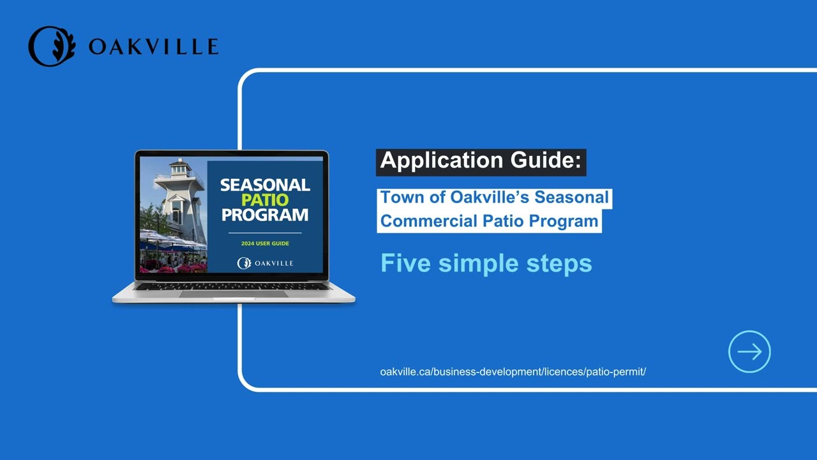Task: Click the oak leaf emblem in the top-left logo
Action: (x=52, y=46)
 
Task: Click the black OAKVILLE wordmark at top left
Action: (x=154, y=47)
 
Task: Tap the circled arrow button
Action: (x=749, y=351)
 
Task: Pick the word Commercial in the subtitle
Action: (x=428, y=221)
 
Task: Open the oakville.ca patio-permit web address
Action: (x=513, y=372)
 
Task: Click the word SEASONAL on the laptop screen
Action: (x=265, y=185)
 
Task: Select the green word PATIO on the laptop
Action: (x=265, y=200)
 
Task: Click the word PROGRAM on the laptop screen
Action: (x=265, y=215)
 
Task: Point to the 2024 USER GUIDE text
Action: (x=265, y=243)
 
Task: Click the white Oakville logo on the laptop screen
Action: (x=265, y=263)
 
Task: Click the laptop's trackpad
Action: (x=234, y=294)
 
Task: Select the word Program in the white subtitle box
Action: (x=564, y=221)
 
